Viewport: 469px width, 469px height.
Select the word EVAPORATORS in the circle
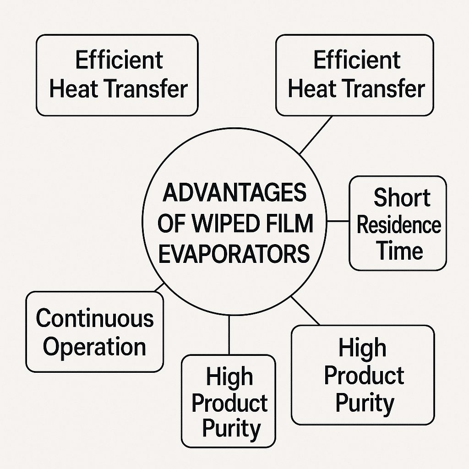234,253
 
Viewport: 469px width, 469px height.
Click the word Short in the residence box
402,198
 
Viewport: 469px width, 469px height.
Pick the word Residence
398,225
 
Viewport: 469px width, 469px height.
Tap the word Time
399,251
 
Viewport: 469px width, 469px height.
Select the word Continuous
95,318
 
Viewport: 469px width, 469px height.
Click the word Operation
94,346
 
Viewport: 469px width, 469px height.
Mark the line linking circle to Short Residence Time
338,221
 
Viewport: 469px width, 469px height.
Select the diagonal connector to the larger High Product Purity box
305,311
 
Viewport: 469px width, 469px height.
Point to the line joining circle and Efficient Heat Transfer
316,134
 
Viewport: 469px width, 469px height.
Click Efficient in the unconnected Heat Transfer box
119,60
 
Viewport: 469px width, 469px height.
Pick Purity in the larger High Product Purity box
365,403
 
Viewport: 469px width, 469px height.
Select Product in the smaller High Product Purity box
229,403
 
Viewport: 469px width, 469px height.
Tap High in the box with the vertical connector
229,377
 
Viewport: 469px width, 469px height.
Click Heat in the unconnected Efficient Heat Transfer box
74,89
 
